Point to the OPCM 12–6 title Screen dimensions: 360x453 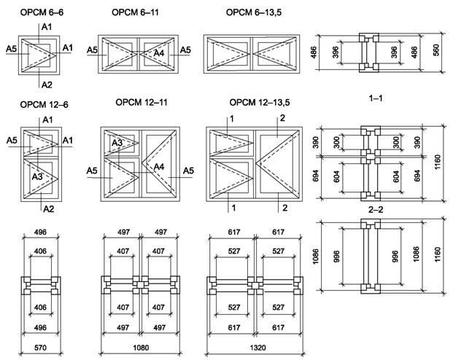[35, 104]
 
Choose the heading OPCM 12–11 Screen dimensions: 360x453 [142, 103]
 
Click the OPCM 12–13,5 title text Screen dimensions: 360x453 [255, 103]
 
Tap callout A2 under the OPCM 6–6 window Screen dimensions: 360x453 [47, 85]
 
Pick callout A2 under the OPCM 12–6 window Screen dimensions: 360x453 [47, 209]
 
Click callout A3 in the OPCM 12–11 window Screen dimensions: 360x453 [117, 143]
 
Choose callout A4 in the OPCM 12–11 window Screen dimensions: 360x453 [159, 167]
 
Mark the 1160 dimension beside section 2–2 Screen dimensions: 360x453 [438, 255]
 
